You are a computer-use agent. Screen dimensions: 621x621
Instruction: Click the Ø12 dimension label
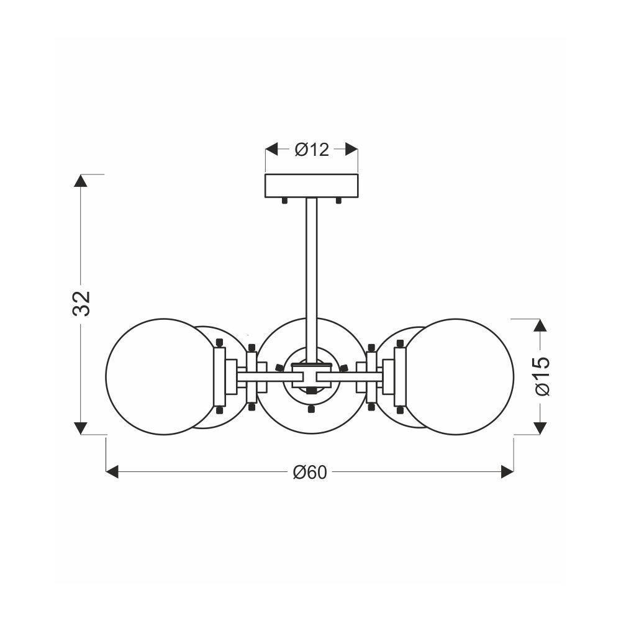coord(312,150)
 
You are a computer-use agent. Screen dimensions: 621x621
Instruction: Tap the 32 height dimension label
coord(82,304)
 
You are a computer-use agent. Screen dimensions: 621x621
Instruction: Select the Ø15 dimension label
coord(542,376)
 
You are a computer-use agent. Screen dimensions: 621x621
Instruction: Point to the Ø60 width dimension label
coord(310,472)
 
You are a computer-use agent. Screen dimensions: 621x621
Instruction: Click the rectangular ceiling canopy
coord(311,186)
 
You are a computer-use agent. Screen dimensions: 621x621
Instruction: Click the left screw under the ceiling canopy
coord(284,201)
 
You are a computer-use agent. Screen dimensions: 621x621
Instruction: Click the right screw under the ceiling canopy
coord(338,201)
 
